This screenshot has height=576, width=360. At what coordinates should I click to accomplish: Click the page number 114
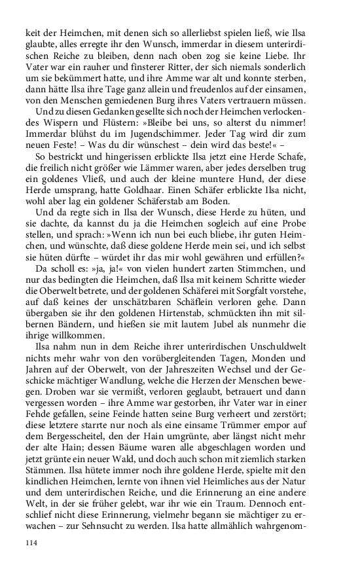32,543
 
